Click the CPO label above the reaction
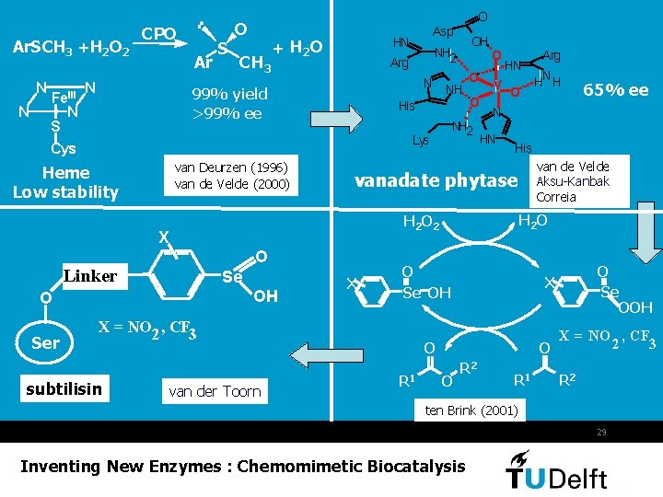159,34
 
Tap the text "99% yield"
229,94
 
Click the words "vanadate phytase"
436,180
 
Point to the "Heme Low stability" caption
65,182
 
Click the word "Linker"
89,276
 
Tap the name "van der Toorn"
215,391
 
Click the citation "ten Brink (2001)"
471,409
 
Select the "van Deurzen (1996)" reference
231,167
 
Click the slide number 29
601,432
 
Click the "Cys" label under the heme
64,148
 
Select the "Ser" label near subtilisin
45,343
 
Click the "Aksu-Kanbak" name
573,181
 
